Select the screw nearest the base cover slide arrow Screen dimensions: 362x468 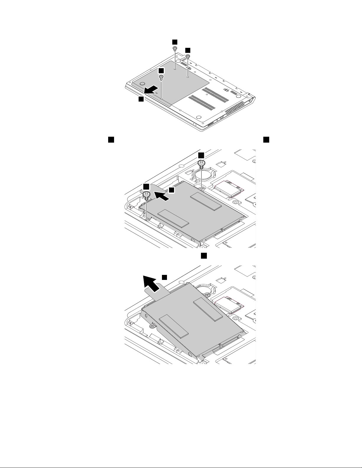click(x=161, y=77)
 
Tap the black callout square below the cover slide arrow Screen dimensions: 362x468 click(x=141, y=100)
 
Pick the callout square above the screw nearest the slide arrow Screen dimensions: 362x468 click(x=161, y=71)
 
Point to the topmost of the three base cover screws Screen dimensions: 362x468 click(x=175, y=48)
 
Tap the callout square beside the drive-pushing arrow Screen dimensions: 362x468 click(x=172, y=190)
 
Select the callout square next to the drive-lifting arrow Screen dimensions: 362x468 click(x=165, y=277)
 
